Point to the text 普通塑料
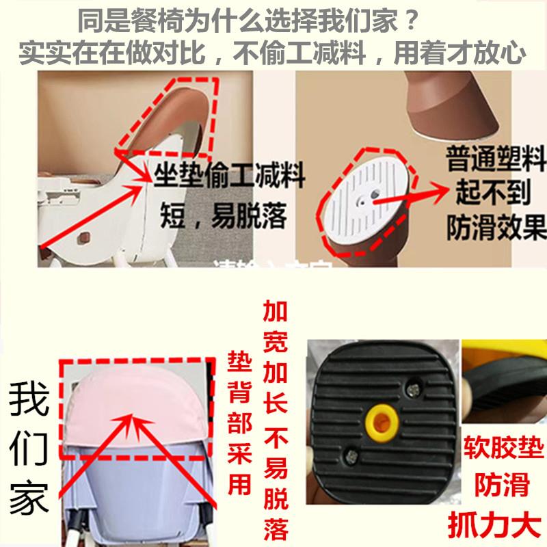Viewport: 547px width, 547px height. click(496, 163)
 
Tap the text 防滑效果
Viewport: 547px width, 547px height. click(496, 228)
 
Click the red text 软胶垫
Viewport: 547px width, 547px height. click(503, 450)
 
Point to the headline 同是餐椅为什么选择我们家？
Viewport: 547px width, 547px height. click(247, 23)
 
